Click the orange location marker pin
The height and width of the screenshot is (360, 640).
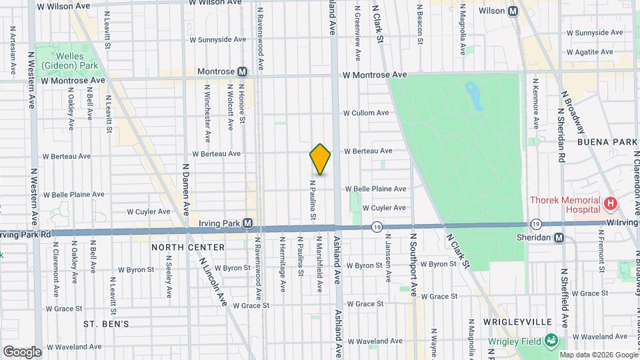click(x=320, y=159)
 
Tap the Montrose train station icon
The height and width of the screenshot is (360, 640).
click(x=242, y=71)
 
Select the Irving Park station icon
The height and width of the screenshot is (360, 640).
click(x=247, y=223)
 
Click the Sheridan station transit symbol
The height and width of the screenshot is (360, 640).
click(x=559, y=238)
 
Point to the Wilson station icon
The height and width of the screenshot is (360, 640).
click(x=513, y=11)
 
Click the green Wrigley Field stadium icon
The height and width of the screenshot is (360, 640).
click(x=551, y=341)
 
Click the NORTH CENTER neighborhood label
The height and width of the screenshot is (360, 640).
click(x=187, y=247)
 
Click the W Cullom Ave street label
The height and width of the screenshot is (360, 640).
click(x=365, y=113)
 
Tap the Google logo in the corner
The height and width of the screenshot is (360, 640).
click(x=22, y=351)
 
